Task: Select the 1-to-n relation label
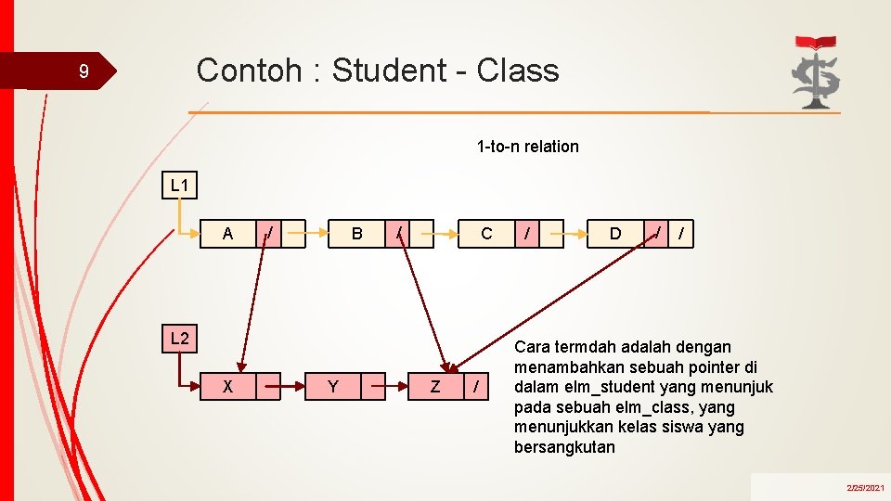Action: coord(527,146)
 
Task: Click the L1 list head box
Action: coord(179,186)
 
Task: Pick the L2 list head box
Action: coord(179,339)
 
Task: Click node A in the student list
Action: coord(228,234)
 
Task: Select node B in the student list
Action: coord(356,234)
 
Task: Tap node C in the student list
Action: coord(486,234)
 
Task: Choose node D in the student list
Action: coord(614,234)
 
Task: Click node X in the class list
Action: coord(228,386)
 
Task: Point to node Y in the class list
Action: coord(332,386)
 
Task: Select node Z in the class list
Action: coord(435,386)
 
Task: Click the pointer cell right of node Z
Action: coord(476,386)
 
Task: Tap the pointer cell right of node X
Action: coord(268,386)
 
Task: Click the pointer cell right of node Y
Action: coord(372,386)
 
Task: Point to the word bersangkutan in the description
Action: coord(564,447)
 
